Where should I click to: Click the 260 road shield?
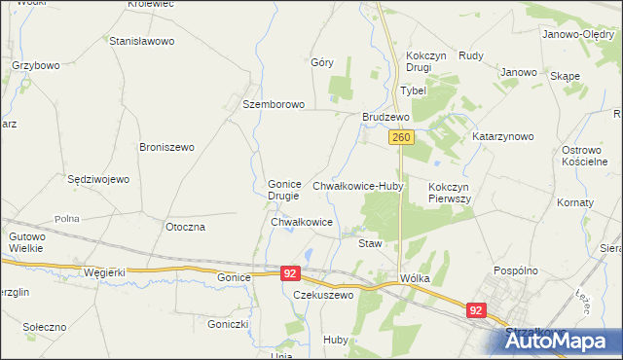[402, 139]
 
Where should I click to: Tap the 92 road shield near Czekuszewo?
[290, 274]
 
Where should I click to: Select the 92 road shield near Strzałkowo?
[476, 310]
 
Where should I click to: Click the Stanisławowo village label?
[141, 42]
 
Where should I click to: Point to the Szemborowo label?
[275, 104]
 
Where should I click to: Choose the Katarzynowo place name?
[503, 137]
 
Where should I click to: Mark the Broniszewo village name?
[167, 147]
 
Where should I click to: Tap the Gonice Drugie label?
[285, 190]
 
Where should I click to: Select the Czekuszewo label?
[322, 295]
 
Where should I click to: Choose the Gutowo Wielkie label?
[27, 242]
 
